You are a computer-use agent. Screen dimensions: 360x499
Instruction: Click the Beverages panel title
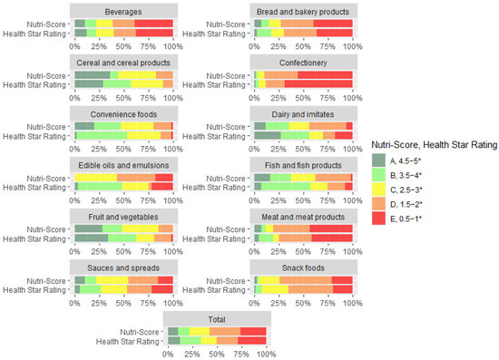(123, 9)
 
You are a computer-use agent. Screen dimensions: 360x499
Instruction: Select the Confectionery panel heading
(303, 62)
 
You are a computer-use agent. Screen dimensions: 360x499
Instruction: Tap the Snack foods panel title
(303, 268)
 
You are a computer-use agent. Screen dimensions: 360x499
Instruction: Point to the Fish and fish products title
(303, 165)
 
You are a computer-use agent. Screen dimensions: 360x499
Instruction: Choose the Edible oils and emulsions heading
(123, 165)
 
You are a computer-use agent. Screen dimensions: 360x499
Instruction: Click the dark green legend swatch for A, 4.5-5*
(378, 160)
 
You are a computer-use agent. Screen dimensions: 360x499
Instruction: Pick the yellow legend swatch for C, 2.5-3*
(378, 190)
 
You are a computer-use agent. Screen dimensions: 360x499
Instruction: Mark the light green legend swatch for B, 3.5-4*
(378, 174)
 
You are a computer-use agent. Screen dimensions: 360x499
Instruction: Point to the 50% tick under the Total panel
(217, 354)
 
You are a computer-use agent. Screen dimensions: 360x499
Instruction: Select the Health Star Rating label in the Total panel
(129, 341)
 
